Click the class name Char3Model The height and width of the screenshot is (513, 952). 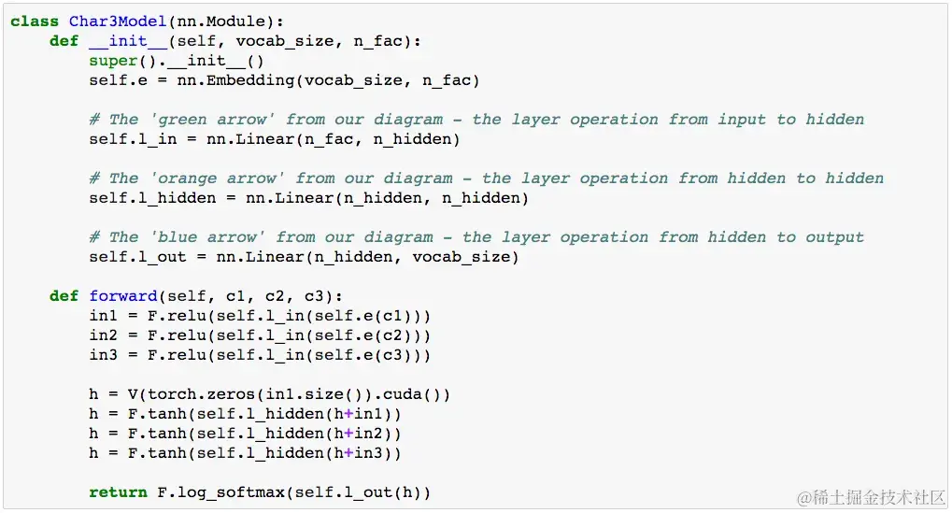coord(118,21)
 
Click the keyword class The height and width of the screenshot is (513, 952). coord(36,21)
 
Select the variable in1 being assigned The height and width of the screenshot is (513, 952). coord(104,316)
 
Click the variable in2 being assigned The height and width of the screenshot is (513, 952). coord(104,335)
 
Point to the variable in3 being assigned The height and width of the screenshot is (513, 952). coord(104,355)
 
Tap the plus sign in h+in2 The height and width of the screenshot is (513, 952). coord(348,434)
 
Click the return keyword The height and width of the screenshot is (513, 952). coord(118,492)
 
